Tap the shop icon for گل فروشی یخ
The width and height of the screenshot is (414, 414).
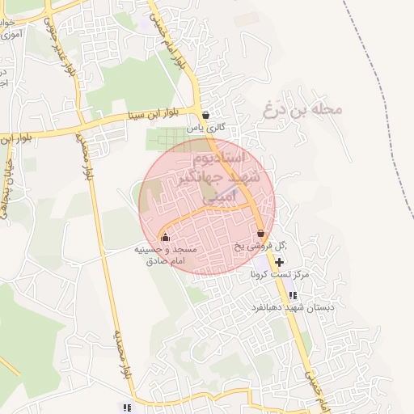[260, 233]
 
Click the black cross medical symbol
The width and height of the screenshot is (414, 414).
[280, 262]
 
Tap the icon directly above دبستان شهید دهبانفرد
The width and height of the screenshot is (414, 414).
[293, 295]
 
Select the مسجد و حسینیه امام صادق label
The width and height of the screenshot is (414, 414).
[165, 256]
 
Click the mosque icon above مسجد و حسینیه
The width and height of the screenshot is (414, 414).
[165, 238]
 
